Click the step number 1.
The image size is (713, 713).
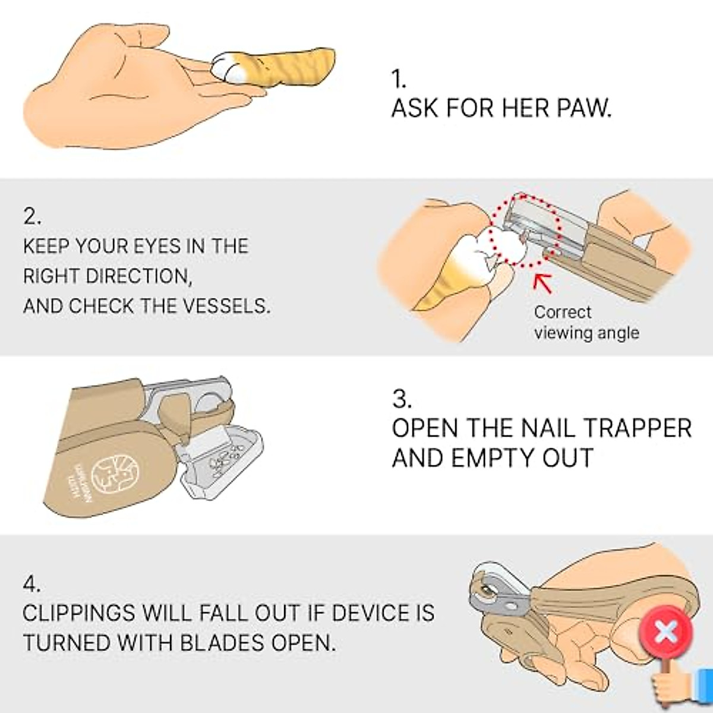coord(398,79)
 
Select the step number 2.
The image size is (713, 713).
coord(32,217)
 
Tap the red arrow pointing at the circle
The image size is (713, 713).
coord(542,282)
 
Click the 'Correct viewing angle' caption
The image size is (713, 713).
coord(586,323)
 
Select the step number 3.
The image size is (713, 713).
coord(402,399)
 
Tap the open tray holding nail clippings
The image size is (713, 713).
coord(223,458)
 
